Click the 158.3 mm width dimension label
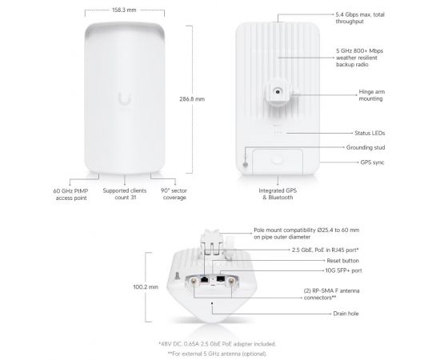point(124,10)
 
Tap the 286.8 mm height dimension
point(192,99)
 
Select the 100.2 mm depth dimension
point(146,287)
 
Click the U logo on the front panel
point(125,98)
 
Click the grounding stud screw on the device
point(246,165)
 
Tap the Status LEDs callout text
point(370,133)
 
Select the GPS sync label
point(372,162)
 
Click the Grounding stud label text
point(366,147)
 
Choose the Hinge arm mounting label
point(372,95)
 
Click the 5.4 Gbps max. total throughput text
point(360,18)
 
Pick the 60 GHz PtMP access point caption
point(70,194)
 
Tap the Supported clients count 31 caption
point(125,194)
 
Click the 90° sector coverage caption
point(174,194)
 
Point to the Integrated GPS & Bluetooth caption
point(278,194)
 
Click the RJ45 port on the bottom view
point(205,279)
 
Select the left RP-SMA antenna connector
point(194,281)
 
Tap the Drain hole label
point(346,314)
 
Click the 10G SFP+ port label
point(343,270)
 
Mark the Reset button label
point(342,261)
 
